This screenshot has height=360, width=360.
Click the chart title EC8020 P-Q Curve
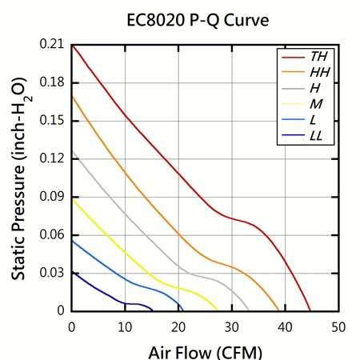pos(198,19)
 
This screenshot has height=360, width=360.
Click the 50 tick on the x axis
pos(338,326)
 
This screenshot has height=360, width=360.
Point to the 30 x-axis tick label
pos(231,326)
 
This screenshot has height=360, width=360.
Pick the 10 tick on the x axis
pos(125,326)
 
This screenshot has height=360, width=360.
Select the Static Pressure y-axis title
pos(18,178)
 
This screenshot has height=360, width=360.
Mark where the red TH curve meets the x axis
pos(310,310)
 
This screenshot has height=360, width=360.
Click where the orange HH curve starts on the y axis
pos(72,96)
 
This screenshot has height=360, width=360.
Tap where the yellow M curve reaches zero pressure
pos(218,310)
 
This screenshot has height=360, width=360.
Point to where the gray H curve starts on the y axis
pos(72,152)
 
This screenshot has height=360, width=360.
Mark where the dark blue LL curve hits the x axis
pos(154,310)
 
